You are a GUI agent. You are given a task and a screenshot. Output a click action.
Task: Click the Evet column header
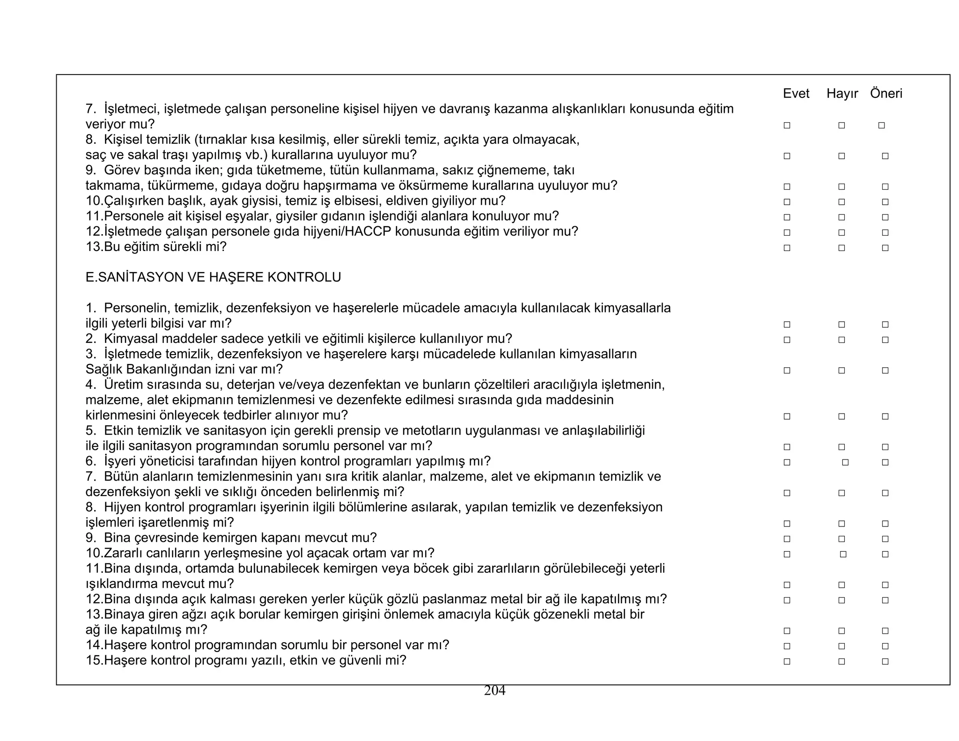click(x=796, y=94)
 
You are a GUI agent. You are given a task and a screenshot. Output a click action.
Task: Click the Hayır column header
click(x=842, y=94)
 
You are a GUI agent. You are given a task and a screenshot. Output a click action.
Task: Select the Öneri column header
click(x=886, y=94)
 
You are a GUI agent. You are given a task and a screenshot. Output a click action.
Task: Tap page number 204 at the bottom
click(x=494, y=690)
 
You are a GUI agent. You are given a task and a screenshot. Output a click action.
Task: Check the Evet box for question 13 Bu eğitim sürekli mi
click(x=787, y=248)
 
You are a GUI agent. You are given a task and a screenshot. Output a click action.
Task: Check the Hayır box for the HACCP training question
click(x=841, y=233)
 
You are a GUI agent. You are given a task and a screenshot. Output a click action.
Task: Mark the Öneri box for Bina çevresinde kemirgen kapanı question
click(x=885, y=539)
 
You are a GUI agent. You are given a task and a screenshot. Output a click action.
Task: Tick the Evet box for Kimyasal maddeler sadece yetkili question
click(x=787, y=340)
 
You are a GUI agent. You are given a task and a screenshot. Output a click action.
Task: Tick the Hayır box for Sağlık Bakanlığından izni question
click(x=841, y=370)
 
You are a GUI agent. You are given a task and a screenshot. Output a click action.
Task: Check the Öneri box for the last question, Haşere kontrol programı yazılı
click(x=885, y=662)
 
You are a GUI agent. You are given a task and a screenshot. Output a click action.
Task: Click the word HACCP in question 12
click(x=368, y=231)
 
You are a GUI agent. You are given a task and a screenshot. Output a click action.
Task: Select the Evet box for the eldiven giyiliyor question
click(x=787, y=202)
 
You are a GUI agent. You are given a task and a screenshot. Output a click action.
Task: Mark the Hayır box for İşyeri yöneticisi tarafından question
click(x=845, y=462)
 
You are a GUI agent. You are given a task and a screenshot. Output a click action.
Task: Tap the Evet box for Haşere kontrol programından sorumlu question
click(x=787, y=646)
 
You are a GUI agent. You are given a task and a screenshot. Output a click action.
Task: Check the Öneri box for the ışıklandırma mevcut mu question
click(x=885, y=585)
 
